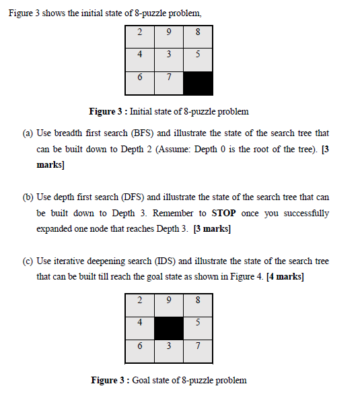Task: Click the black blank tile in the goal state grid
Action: pos(168,329)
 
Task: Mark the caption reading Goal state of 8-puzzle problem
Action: pos(189,381)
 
